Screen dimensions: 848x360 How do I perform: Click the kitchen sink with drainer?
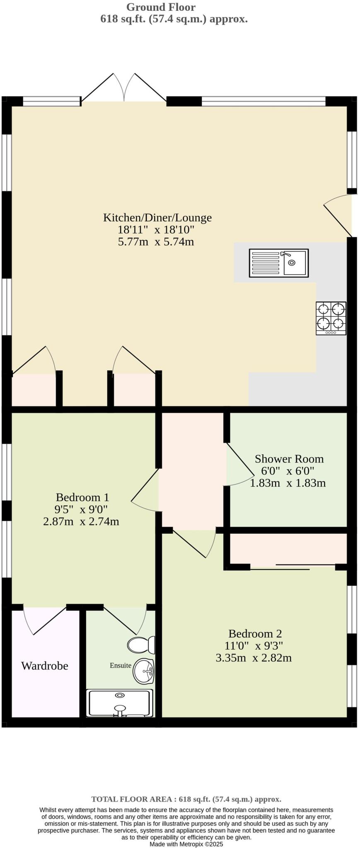point(278,263)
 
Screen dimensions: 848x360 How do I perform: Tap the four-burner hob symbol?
point(331,318)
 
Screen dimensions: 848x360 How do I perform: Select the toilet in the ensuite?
point(141,644)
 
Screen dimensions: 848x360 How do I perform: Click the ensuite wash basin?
point(143,671)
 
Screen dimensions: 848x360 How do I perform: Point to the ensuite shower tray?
point(119,703)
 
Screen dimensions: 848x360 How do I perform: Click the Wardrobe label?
point(44,666)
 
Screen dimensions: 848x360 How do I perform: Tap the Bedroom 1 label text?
point(82,497)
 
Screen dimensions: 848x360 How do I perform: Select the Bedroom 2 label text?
point(255,634)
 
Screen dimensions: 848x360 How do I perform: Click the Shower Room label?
point(289,459)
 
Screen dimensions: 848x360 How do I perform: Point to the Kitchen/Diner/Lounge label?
point(157,217)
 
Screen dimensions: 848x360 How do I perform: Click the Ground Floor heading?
point(161,7)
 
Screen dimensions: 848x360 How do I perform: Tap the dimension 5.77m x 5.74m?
point(156,242)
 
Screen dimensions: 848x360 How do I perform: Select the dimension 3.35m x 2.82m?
point(254,658)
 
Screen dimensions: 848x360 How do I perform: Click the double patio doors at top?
point(124,88)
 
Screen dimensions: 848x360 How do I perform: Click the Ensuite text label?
point(120,665)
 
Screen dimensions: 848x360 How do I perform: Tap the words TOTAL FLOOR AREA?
point(130,799)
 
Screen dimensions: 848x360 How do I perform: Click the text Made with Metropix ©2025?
point(186,844)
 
